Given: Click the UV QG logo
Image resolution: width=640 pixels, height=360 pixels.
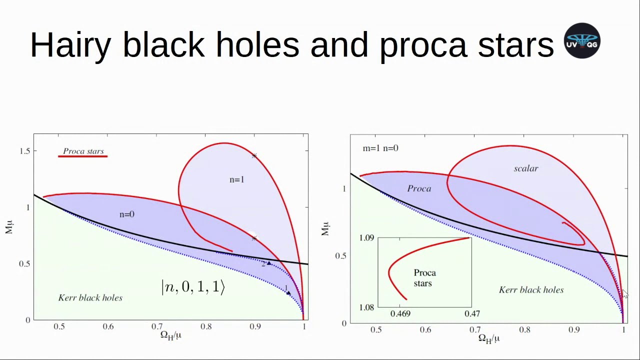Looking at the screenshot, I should pos(582,41).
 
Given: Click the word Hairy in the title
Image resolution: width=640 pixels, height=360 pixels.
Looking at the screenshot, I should pos(70,45).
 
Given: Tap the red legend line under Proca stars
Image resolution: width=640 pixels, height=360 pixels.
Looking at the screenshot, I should pos(83,156).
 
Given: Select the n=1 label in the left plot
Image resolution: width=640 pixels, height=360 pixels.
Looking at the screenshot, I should pos(237,179).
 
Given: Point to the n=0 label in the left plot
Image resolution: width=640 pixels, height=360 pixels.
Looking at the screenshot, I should pos(127,214).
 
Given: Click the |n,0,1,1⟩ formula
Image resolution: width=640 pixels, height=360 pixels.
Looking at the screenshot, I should pos(193,287).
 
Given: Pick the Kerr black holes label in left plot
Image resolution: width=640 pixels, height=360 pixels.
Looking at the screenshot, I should pos(90,298).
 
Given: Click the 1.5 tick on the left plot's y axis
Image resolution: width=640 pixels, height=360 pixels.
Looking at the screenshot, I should pos(24,151).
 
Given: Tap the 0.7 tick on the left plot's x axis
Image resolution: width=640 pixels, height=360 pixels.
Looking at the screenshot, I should pos(157,327).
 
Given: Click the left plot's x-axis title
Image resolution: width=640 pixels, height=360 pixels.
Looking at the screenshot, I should pos(170,335).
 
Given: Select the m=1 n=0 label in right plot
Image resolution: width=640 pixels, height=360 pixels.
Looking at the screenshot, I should pos(380,148).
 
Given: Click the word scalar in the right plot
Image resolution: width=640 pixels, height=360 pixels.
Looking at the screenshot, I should pos(526,168).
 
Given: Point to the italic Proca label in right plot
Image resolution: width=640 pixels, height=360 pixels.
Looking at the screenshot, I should pos(419,188).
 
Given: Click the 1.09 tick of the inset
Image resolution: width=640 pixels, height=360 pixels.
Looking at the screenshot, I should pos(366,237).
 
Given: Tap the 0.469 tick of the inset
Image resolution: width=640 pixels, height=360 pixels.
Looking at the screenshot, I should pos(400,314).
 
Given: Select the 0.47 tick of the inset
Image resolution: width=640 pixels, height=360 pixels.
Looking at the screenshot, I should pos(472,314).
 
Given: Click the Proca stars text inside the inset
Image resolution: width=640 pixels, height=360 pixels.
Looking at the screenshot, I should pos(424,278).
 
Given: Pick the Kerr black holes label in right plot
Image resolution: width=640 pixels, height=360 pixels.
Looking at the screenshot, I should pos(531,290).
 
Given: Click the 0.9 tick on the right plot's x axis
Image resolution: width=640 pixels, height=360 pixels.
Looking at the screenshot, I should pos(574,330).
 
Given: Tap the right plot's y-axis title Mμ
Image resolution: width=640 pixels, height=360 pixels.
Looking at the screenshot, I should pos(325,229).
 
